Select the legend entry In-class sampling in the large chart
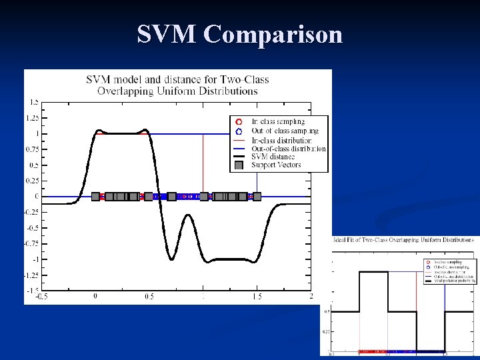click(278, 122)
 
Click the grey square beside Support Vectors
click(239, 165)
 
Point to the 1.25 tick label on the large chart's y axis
click(31, 118)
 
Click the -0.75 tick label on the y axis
click(31, 243)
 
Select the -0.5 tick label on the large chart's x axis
click(41, 297)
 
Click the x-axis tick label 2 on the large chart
click(311, 297)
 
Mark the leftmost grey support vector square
click(95, 197)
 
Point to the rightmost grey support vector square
click(257, 197)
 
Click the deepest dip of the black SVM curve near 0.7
click(171, 259)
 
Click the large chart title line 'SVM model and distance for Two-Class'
click(177, 80)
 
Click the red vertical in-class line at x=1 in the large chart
click(203, 167)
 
